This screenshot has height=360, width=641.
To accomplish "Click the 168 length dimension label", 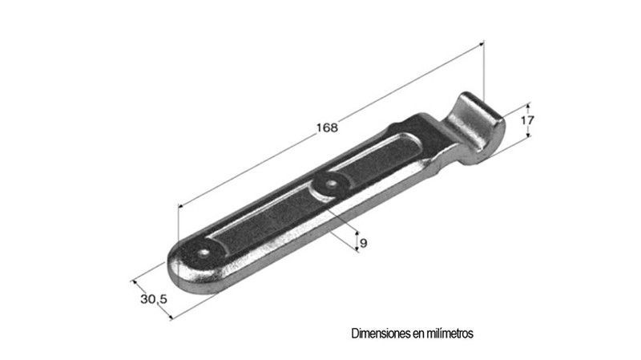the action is tap(327, 127).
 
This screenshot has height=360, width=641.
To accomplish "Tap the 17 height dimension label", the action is tap(527, 120).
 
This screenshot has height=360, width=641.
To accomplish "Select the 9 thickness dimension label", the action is tap(363, 244).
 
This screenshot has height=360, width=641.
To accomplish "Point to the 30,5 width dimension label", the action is tap(154, 299).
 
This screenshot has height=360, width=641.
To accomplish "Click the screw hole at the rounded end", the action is tap(204, 253).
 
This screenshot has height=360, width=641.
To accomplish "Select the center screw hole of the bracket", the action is tap(330, 184).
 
